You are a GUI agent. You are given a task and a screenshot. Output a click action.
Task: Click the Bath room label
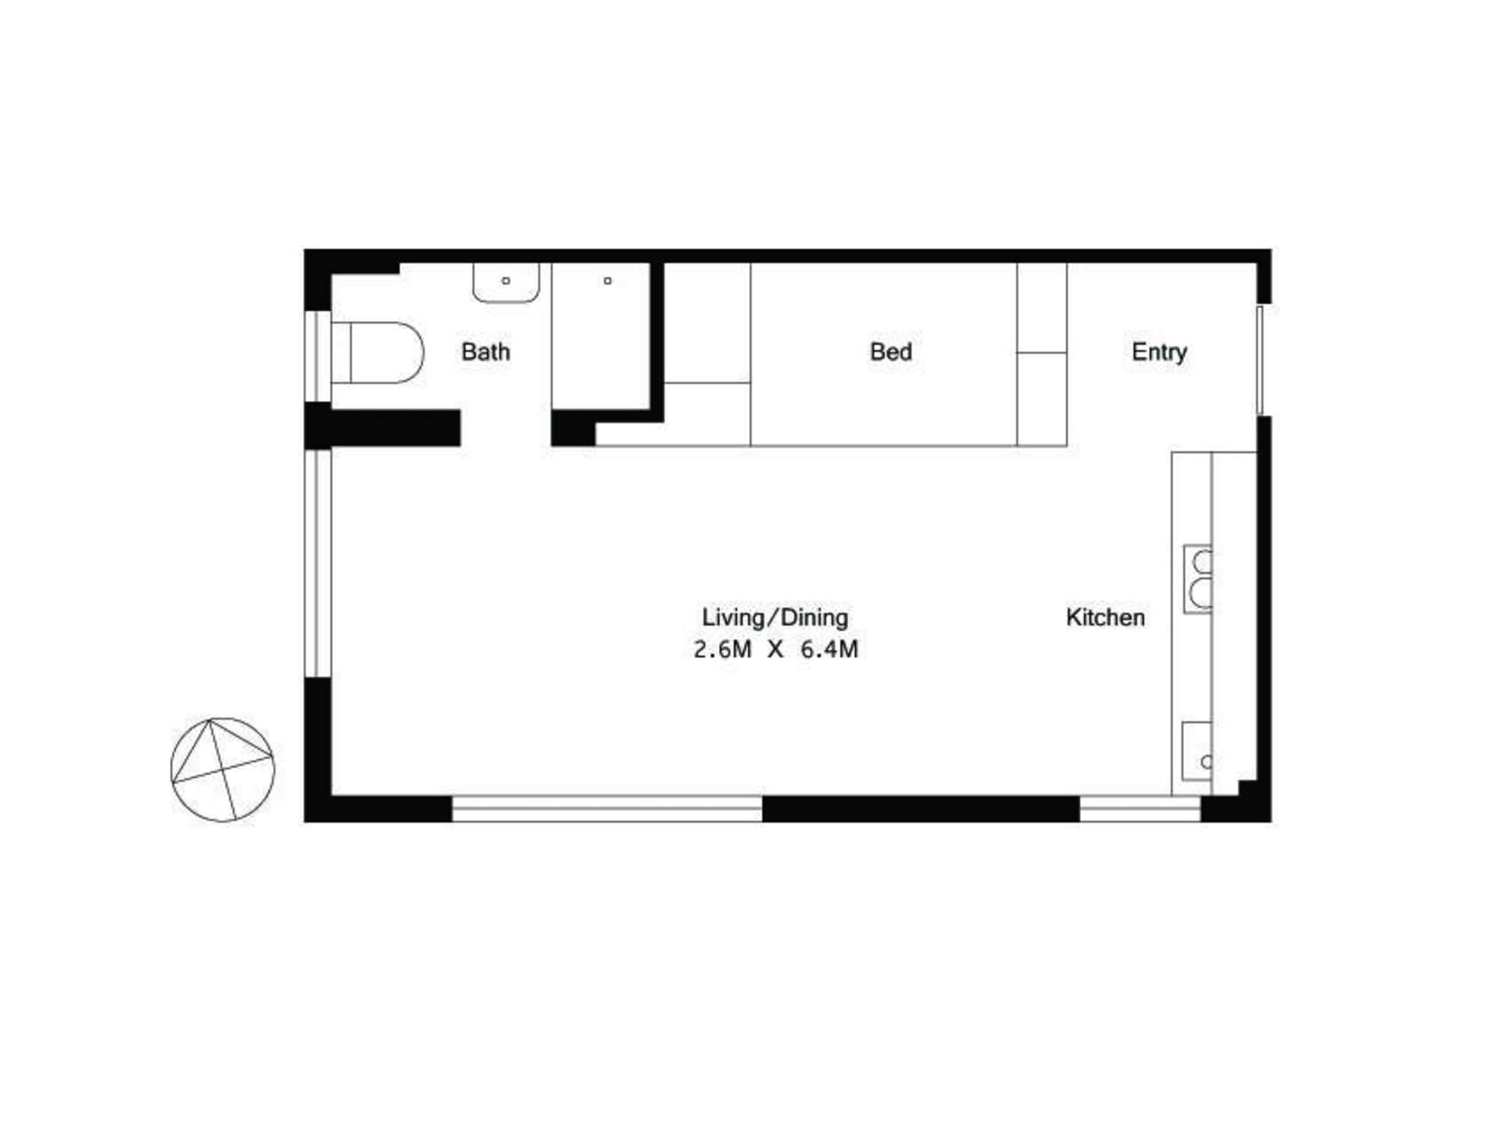(485, 352)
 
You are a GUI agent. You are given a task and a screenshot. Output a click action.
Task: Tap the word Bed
(890, 352)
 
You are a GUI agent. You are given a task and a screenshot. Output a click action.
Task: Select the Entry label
(1159, 352)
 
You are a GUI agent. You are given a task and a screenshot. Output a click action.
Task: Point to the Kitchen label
(1105, 617)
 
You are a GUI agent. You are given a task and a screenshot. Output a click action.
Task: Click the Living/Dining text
(775, 617)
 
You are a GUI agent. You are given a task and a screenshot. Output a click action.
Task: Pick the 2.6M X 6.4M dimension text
(775, 649)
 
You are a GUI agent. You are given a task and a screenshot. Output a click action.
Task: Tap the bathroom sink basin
(506, 283)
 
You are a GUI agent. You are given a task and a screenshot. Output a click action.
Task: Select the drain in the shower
(607, 281)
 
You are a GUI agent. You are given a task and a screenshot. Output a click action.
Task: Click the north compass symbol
(223, 770)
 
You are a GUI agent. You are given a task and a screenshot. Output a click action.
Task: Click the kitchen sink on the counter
(1197, 751)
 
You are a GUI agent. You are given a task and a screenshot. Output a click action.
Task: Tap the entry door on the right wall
(1260, 360)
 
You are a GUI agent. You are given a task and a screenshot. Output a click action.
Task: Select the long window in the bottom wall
(607, 809)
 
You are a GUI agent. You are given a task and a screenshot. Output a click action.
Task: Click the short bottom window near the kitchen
(1140, 809)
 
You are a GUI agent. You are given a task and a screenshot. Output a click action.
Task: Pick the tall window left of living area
(318, 563)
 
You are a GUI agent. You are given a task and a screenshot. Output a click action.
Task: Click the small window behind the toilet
(318, 356)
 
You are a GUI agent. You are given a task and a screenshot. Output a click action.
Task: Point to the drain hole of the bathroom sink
(506, 281)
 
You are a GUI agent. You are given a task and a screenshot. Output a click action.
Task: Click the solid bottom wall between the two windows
(920, 809)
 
